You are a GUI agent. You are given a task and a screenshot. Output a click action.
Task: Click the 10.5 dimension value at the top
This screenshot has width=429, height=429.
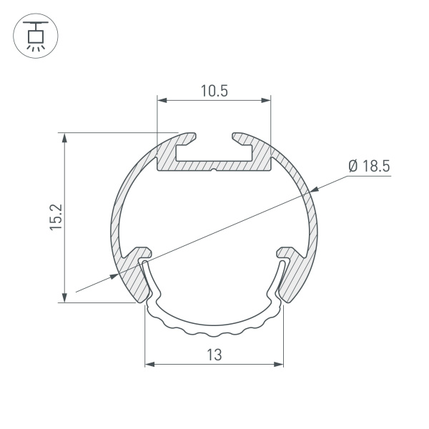click(214, 91)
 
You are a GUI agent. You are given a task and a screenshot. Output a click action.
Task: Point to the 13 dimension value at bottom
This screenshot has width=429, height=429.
click(214, 354)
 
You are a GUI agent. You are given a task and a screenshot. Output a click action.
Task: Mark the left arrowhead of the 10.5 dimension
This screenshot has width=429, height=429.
click(162, 100)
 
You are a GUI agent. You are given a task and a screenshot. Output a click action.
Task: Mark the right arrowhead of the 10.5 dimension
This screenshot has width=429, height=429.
click(267, 100)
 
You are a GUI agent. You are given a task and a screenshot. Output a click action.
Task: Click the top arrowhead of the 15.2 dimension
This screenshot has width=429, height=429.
click(66, 138)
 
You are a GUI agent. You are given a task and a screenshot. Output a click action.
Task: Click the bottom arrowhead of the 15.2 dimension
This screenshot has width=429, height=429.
click(66, 297)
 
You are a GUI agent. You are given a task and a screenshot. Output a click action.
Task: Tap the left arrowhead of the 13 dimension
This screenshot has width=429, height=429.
click(150, 365)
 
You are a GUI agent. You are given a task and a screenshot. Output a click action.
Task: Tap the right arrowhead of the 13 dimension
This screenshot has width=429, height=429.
click(278, 365)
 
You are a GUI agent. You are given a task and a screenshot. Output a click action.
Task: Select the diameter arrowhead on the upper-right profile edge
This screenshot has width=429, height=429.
click(313, 189)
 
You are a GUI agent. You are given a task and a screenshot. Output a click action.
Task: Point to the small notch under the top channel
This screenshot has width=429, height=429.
click(214, 170)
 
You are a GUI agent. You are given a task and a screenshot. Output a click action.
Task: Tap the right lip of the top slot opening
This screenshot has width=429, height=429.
click(240, 136)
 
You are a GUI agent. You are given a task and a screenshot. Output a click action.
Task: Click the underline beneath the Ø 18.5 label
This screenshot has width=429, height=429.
click(368, 177)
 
